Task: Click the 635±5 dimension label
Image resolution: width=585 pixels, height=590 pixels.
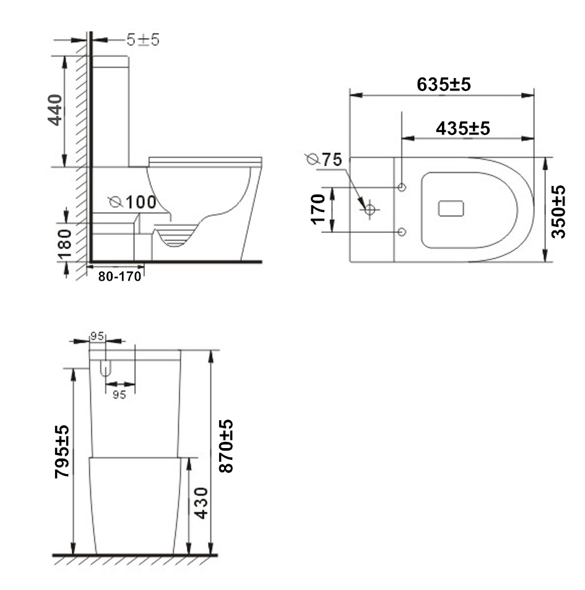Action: point(444,84)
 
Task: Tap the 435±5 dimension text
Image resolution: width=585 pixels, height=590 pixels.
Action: point(463,128)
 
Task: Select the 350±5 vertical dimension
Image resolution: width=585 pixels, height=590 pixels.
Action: point(558,212)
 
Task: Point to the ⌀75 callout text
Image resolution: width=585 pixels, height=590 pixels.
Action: point(324,159)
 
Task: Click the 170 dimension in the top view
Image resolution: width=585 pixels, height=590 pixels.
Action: point(318,209)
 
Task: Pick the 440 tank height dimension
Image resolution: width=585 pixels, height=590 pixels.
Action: point(55,110)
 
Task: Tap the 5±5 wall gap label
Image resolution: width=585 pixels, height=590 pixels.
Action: point(143,40)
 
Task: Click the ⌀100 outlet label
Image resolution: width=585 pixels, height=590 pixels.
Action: point(132,202)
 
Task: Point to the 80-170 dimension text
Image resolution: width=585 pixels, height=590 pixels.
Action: point(119,276)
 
